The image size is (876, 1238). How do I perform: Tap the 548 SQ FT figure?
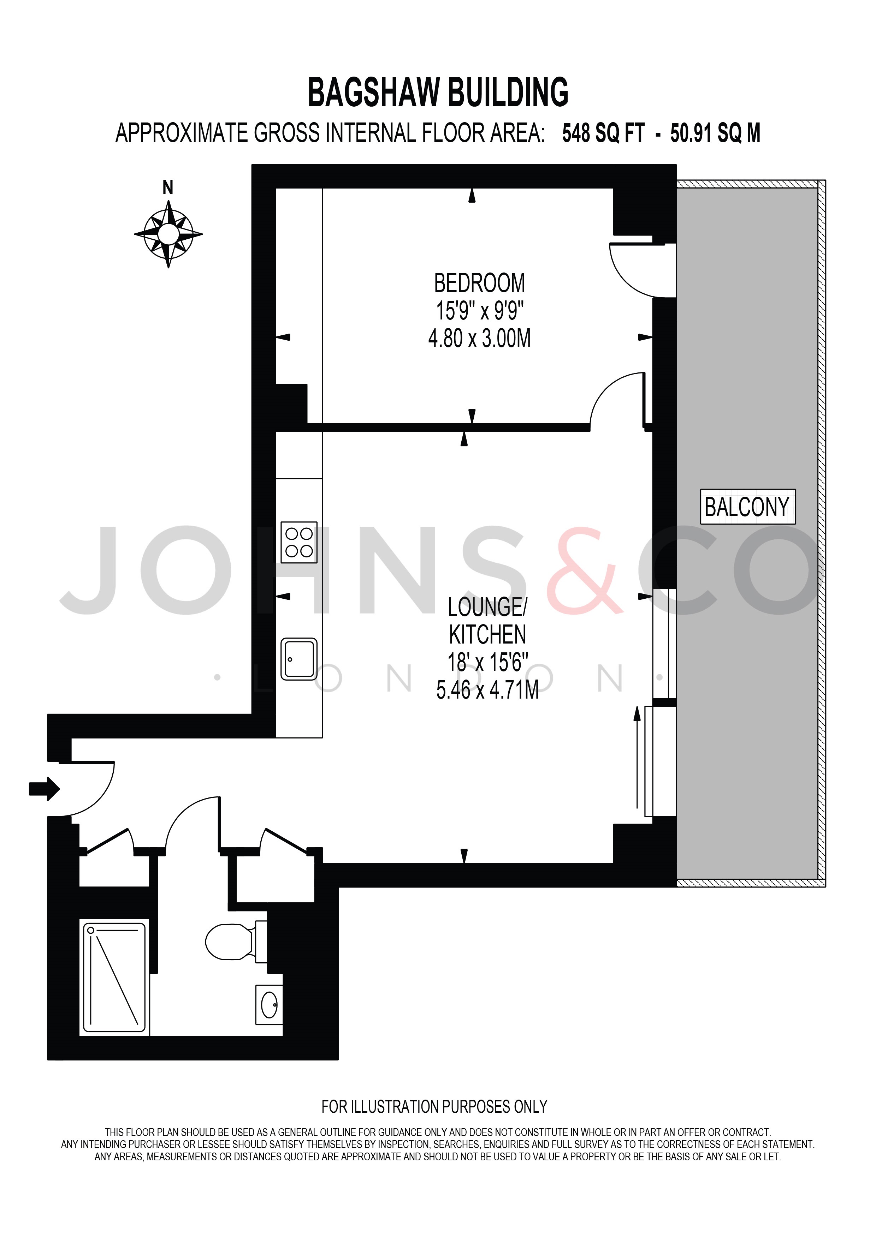coord(603,133)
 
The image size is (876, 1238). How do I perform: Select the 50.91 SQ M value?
coord(715,133)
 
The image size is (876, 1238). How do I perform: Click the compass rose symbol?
coord(168,234)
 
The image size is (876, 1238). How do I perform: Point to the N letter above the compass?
coord(168,188)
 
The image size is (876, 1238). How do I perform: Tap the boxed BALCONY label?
coord(747,507)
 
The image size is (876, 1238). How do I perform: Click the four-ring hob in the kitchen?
coord(299,543)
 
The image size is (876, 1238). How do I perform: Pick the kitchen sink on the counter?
coord(299,659)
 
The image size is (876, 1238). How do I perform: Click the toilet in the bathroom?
coord(232,941)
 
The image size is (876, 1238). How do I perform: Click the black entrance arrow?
coord(44,789)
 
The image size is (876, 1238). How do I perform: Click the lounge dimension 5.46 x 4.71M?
coord(487,690)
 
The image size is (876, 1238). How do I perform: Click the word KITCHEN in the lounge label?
coord(487,635)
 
